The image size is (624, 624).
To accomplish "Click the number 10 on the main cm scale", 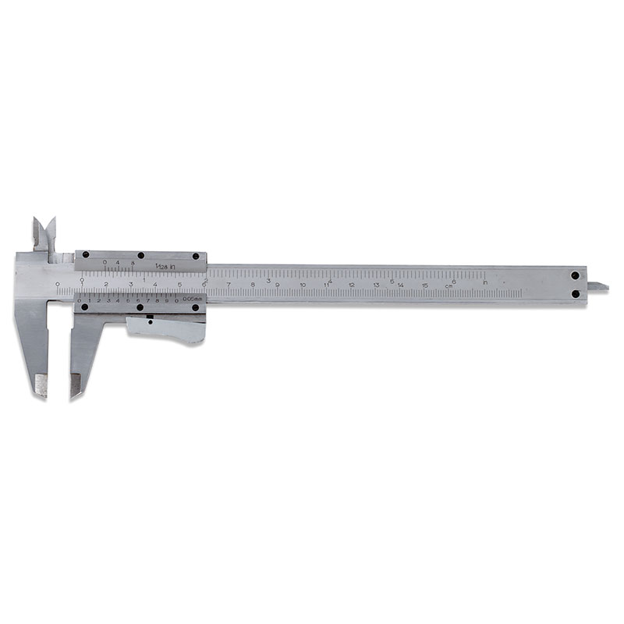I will coord(302,285).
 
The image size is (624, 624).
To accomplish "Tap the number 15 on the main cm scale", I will coord(425,285).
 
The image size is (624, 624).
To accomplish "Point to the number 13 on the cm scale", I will coord(376,285).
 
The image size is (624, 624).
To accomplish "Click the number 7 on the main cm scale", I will coord(229,285).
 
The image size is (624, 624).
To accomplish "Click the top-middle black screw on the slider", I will coord(140,256).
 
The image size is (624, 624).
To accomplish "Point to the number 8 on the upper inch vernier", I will coord(133,264).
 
